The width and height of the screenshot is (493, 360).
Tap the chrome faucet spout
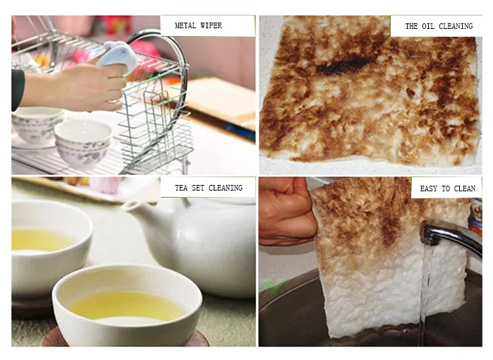pos(451,234)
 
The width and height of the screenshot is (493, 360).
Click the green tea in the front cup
pos(127,305)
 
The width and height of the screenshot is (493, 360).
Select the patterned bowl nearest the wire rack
pos(83,141)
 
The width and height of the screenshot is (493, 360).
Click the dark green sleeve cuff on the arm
pos(17,89)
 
